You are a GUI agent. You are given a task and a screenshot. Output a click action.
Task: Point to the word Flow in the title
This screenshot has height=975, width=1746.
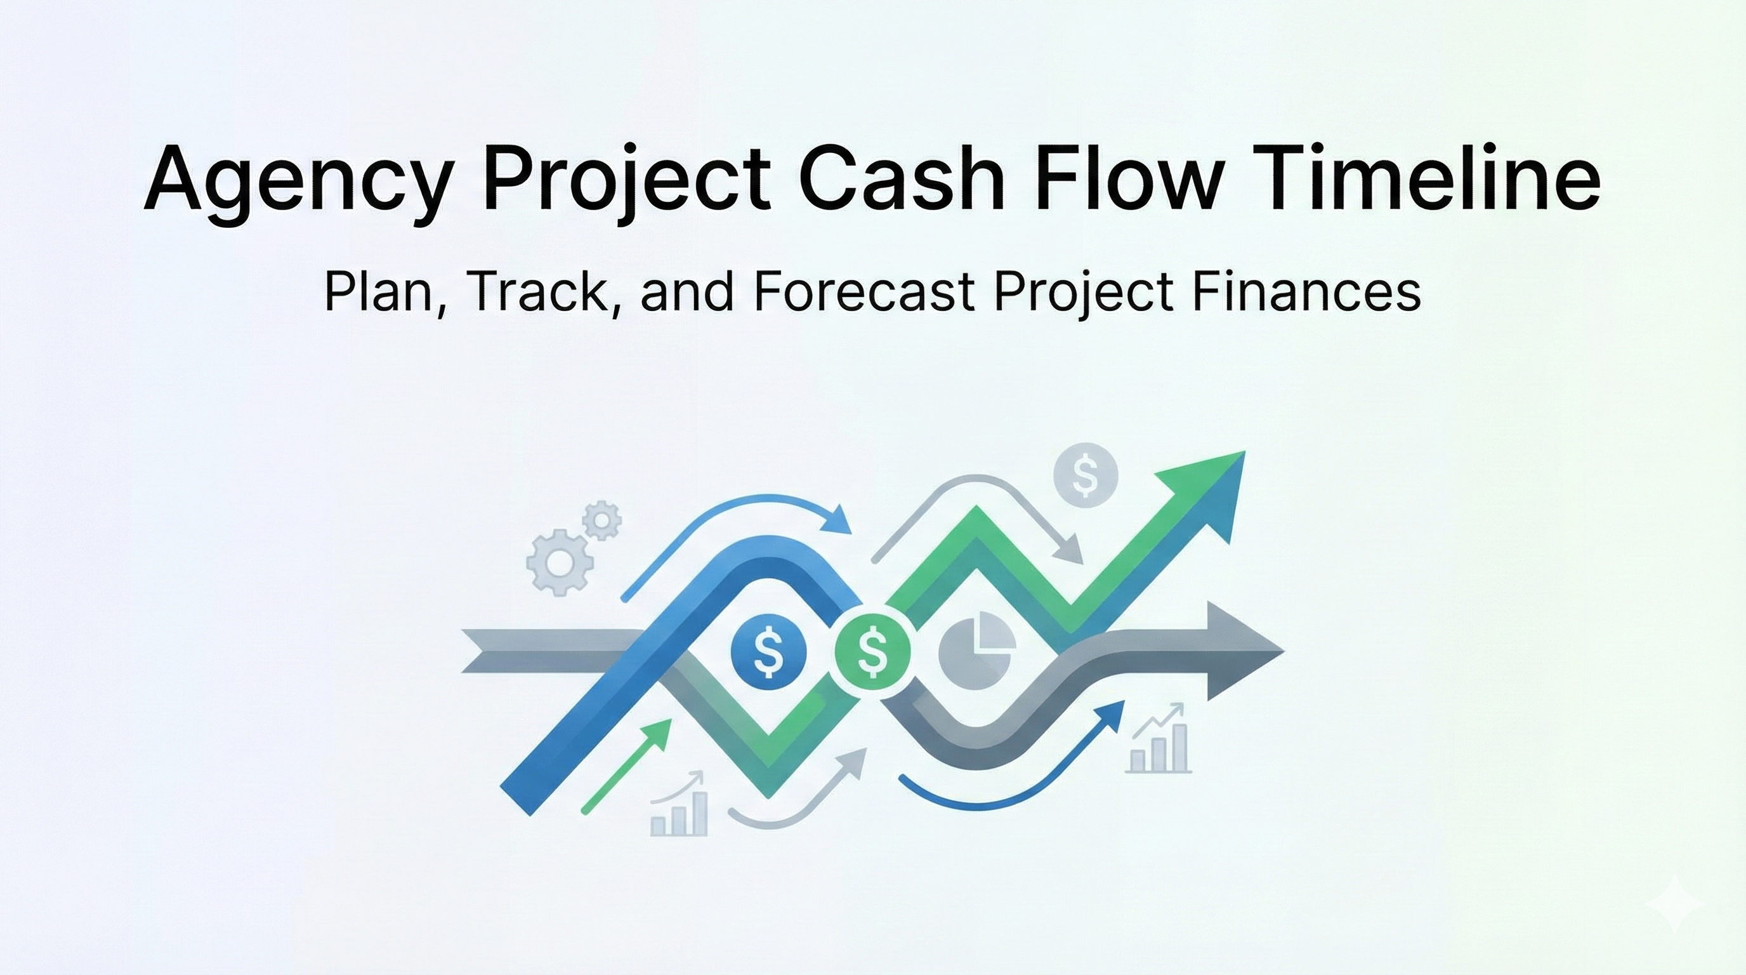click(x=1129, y=178)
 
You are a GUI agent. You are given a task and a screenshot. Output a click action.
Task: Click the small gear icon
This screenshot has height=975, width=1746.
click(x=601, y=521)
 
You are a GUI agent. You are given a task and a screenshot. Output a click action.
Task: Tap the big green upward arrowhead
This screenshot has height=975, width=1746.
click(x=1213, y=488)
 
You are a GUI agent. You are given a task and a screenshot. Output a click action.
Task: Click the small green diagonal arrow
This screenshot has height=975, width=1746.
click(x=626, y=766)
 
